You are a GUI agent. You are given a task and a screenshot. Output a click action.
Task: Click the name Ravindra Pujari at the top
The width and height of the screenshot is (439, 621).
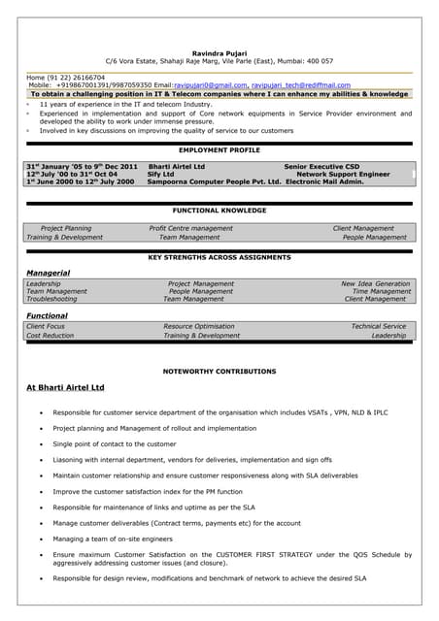coord(219,52)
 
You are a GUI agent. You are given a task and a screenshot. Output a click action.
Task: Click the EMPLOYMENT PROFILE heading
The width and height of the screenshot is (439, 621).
coord(219,150)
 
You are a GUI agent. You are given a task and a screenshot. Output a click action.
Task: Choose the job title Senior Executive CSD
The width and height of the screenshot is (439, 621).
coord(321,166)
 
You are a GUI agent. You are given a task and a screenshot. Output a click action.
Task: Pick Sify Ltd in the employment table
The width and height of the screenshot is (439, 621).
coord(161,174)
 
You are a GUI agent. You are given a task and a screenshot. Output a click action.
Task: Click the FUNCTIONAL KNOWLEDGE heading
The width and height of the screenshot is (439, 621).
coord(219,210)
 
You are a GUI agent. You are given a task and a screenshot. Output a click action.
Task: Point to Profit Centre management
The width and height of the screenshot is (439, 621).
coord(190,228)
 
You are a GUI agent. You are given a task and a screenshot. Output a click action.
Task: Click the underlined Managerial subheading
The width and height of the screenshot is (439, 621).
coord(48,273)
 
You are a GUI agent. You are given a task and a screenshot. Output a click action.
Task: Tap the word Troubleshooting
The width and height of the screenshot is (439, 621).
coord(51,299)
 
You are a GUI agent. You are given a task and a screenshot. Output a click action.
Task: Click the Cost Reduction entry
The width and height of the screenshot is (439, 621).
coord(50,335)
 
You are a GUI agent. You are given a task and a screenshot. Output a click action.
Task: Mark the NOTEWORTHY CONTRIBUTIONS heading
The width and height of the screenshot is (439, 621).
coord(219,371)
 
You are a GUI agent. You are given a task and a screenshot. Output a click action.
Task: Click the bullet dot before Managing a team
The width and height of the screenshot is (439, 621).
coord(40,539)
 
